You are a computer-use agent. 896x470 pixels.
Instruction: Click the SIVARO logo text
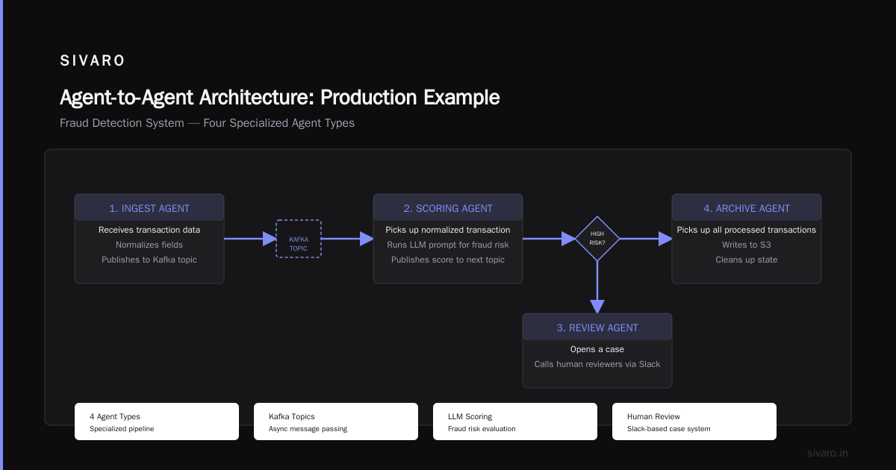coord(92,60)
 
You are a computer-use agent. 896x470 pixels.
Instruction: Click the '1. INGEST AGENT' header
coord(149,208)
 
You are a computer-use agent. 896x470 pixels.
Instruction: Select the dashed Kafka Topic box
coord(299,239)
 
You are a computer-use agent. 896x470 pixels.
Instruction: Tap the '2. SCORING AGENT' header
coord(447,208)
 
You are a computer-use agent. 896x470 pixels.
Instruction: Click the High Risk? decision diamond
coord(597,239)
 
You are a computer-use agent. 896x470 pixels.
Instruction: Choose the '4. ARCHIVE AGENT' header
coord(747,208)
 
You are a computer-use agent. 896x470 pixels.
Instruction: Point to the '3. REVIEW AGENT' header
coord(597,328)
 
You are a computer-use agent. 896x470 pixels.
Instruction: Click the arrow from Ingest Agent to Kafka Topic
coord(250,239)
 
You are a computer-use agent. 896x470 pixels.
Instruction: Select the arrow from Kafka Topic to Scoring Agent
coord(347,239)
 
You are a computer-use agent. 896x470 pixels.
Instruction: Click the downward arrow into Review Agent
coord(597,287)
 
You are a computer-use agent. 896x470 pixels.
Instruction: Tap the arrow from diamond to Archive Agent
coord(646,239)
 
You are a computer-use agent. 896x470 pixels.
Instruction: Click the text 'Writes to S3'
coord(747,245)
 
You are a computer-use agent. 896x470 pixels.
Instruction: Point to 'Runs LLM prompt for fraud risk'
coord(447,245)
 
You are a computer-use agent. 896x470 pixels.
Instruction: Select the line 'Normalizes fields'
coord(149,245)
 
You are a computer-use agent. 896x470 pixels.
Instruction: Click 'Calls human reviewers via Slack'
coord(597,364)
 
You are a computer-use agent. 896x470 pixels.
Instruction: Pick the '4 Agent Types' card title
coord(115,416)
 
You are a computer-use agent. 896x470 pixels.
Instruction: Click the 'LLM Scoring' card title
coord(470,416)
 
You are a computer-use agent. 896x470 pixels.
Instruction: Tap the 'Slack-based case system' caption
coord(669,429)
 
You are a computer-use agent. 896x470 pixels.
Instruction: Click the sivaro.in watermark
coord(827,453)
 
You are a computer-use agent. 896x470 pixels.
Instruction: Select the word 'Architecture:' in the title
coord(257,97)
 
